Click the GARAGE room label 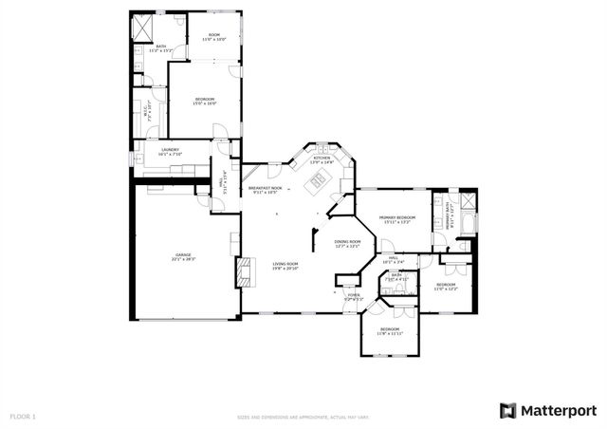click(184, 256)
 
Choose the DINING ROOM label click(347, 244)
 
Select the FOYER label click(353, 297)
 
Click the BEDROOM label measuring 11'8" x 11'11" click(390, 331)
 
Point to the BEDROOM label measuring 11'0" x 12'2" click(446, 287)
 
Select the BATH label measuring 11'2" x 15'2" click(161, 47)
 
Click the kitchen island click(320, 178)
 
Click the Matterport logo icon click(508, 409)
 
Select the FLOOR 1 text click(23, 417)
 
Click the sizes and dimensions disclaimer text click(303, 417)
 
